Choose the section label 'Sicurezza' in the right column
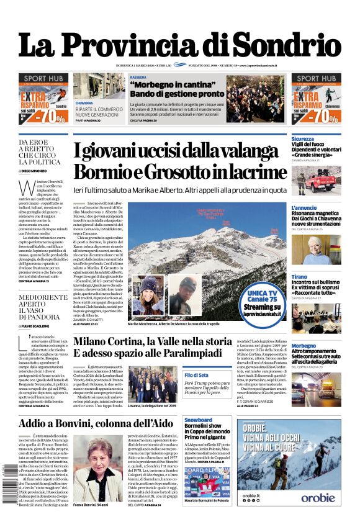pyautogui.click(x=303, y=139)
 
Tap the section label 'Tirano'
pyautogui.click(x=299, y=276)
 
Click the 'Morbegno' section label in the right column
pyautogui.click(x=304, y=346)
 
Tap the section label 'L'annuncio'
pyautogui.click(x=304, y=207)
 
